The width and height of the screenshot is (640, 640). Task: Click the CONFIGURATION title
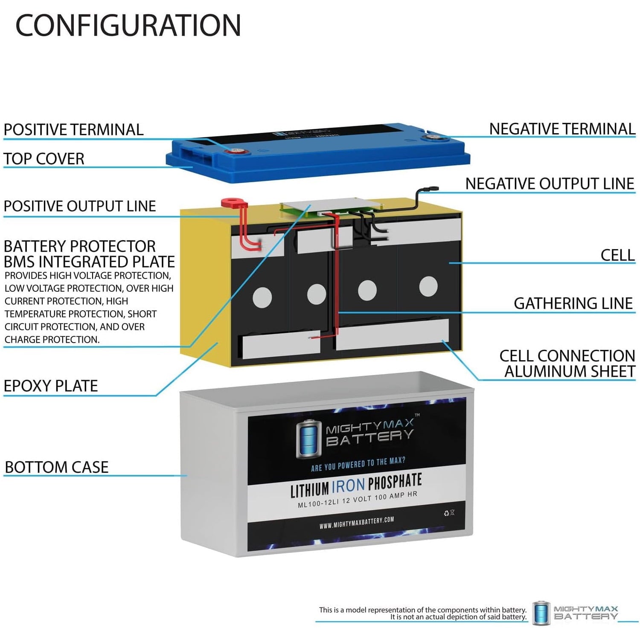tap(128, 26)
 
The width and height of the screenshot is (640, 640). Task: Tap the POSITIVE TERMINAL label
tap(73, 130)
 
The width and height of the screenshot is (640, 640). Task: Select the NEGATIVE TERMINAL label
tap(562, 129)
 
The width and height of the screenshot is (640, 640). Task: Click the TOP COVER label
tap(44, 159)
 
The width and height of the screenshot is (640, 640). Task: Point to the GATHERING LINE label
tap(573, 303)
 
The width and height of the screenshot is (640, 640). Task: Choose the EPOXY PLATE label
tap(51, 386)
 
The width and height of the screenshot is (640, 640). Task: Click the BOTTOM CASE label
tap(57, 467)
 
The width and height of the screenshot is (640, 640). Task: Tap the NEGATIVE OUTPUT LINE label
tap(550, 184)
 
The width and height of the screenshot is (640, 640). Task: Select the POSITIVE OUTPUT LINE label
tap(80, 206)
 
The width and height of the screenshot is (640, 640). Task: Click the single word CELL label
tap(617, 255)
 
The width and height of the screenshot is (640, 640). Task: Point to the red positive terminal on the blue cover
tap(235, 151)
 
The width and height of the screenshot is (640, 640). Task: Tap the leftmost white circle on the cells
tap(262, 297)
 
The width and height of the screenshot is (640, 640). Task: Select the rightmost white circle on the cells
tap(428, 286)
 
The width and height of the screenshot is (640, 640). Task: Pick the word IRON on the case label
tap(348, 486)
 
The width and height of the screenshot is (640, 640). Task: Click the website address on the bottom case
tap(357, 523)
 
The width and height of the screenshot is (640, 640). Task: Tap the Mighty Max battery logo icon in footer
tap(541, 613)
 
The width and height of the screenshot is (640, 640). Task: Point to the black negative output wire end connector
tap(431, 188)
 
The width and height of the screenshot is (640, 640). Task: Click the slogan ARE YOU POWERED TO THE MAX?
tap(358, 464)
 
